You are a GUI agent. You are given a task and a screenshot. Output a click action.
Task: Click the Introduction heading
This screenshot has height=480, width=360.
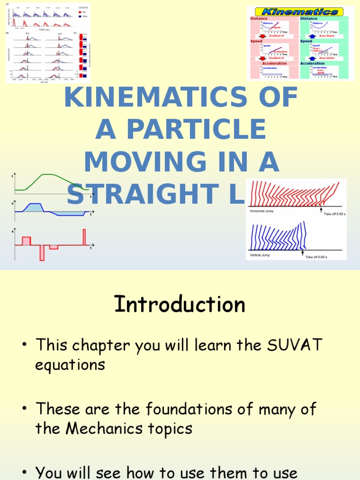(x=180, y=305)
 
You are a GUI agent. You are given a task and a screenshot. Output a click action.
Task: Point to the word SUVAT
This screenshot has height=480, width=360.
(x=294, y=345)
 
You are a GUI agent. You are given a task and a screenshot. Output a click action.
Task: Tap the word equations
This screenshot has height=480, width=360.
(x=70, y=365)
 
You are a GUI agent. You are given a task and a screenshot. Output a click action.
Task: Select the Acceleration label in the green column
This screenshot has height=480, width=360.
(x=312, y=63)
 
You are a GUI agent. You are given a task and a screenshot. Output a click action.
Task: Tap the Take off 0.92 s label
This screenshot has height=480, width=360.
(x=335, y=214)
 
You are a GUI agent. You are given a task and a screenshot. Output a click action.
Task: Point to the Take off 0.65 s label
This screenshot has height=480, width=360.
(x=317, y=257)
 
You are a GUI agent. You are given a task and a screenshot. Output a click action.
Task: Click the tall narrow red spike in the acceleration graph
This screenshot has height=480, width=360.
(x=84, y=237)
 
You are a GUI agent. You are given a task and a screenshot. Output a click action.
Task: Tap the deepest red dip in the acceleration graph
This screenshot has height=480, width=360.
(x=42, y=253)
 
